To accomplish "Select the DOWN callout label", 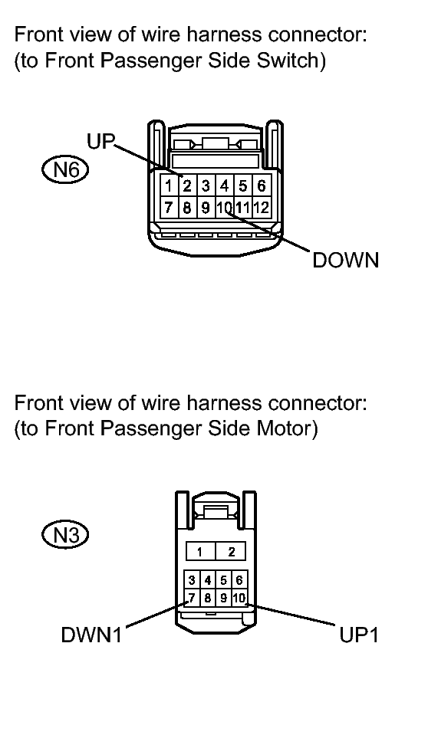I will pos(345,261).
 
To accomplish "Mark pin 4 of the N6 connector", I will pos(224,186).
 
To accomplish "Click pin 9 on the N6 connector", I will pos(206,206).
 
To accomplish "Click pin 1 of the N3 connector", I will pos(199,552).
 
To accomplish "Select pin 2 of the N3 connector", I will pos(231,552).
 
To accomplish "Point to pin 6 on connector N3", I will pos(239,582).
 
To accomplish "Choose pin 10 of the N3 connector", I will pos(239,598).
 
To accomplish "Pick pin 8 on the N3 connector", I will pos(207,598).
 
